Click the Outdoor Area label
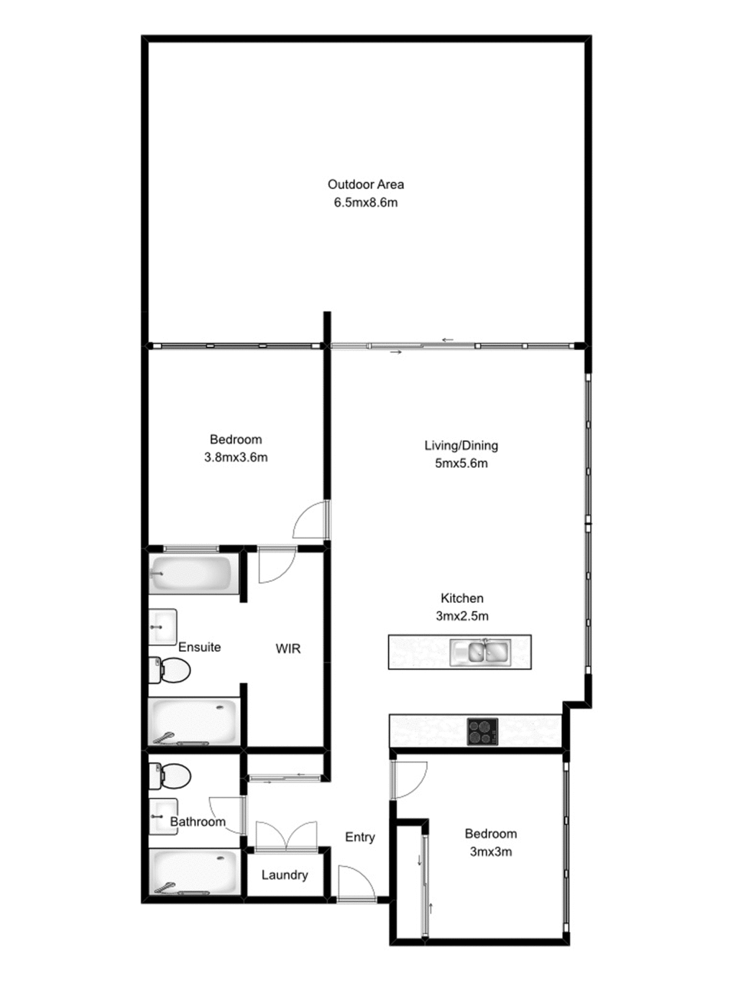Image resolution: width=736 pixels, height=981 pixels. tap(365, 184)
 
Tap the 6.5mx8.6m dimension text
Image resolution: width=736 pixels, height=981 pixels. tap(365, 203)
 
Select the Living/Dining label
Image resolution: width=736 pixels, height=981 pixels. tap(461, 446)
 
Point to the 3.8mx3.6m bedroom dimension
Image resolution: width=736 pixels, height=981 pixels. tap(236, 457)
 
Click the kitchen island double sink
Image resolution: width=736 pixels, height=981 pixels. tap(480, 652)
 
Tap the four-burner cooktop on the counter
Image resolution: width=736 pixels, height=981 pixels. tap(482, 732)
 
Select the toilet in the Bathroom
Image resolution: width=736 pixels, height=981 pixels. tap(170, 776)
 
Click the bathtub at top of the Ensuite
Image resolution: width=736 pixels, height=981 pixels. tap(193, 574)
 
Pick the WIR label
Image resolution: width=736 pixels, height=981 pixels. tap(287, 649)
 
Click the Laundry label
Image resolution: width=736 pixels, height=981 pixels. tap(285, 875)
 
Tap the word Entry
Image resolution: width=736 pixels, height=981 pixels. tap(359, 837)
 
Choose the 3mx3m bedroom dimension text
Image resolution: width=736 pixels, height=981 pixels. tap(490, 852)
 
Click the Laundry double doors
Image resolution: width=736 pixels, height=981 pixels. tap(287, 837)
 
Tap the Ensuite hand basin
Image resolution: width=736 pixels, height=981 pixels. tap(162, 627)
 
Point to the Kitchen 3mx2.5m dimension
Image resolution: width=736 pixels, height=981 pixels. tap(461, 616)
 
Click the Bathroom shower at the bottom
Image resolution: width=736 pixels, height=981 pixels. tap(193, 872)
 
